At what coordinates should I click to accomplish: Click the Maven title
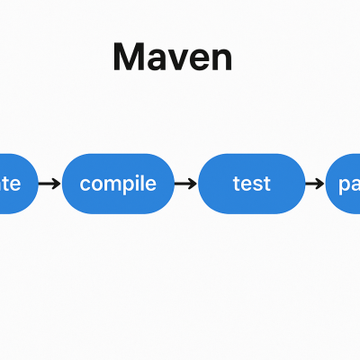click(x=173, y=57)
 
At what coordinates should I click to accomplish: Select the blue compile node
click(x=118, y=184)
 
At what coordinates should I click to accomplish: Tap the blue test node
click(x=251, y=184)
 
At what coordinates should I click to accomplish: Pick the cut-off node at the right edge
click(x=343, y=184)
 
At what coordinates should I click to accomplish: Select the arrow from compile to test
click(x=185, y=184)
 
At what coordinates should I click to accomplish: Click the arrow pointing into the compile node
click(x=51, y=184)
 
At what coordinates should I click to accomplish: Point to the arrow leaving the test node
click(x=315, y=184)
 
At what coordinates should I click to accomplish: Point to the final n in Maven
click(x=221, y=59)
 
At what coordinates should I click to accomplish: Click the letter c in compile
click(x=85, y=184)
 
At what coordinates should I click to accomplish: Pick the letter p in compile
click(x=127, y=186)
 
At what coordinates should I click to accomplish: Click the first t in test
click(x=236, y=184)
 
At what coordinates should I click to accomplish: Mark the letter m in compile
click(x=110, y=184)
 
